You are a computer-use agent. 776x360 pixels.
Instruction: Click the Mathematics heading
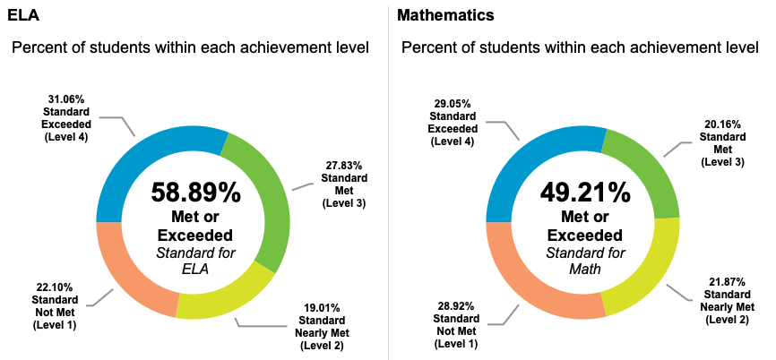pos(445,15)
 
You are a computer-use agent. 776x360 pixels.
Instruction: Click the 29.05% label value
pos(452,104)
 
